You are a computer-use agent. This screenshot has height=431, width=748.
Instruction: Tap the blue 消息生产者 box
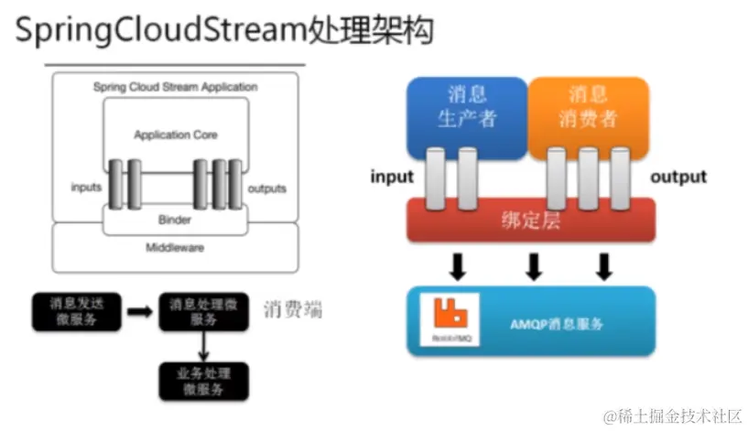point(468,107)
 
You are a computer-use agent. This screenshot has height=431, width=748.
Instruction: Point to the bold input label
point(392,177)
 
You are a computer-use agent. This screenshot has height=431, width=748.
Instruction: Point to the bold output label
point(678,177)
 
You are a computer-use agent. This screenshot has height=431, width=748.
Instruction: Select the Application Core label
point(176,135)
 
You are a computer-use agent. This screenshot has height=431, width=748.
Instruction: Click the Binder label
point(175,220)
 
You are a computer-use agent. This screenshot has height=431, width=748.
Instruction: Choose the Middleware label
point(175,247)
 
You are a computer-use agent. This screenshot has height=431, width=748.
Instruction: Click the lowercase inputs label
point(86,189)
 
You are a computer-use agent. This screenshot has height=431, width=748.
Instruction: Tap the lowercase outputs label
point(267,189)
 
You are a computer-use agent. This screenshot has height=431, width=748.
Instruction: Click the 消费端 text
point(293,309)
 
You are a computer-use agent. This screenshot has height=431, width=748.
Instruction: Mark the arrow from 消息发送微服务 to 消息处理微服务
point(139,311)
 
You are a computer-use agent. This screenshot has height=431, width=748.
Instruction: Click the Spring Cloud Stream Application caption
point(175,87)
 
